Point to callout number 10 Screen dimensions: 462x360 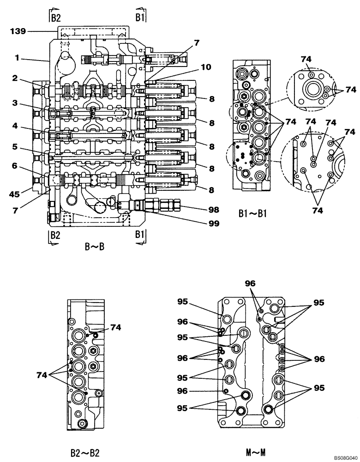(x=206, y=67)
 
